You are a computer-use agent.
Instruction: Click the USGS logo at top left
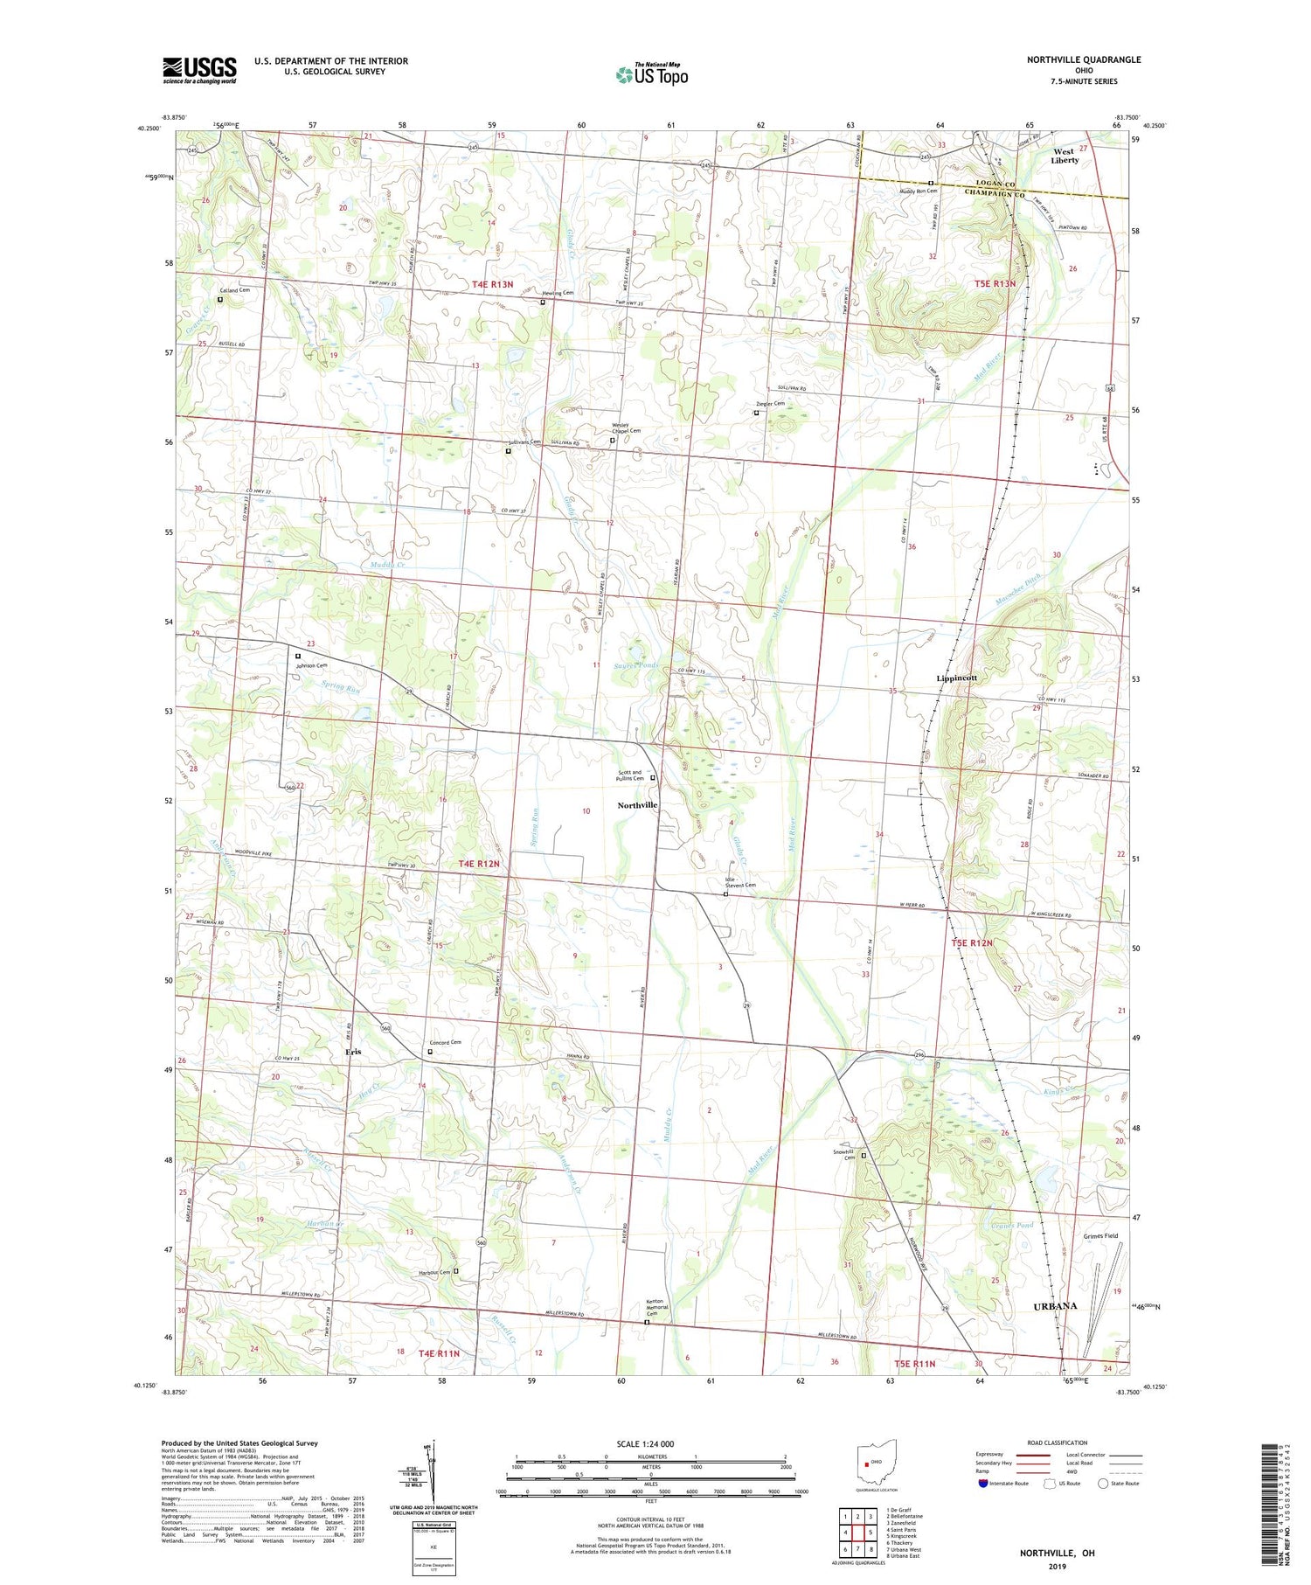pyautogui.click(x=199, y=70)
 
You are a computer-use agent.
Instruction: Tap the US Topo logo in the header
pyautogui.click(x=651, y=75)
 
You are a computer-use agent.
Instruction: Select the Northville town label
pyautogui.click(x=637, y=804)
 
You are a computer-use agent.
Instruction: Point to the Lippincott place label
pyautogui.click(x=956, y=678)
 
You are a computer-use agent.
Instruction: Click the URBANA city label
pyautogui.click(x=1054, y=1305)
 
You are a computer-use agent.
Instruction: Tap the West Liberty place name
pyautogui.click(x=1064, y=156)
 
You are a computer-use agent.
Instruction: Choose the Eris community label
pyautogui.click(x=351, y=1052)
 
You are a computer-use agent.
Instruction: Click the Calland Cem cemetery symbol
pyautogui.click(x=220, y=300)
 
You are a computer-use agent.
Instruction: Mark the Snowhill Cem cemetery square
pyautogui.click(x=864, y=1156)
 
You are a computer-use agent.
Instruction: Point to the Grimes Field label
pyautogui.click(x=1100, y=1236)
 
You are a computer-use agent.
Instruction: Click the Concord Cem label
pyautogui.click(x=445, y=1042)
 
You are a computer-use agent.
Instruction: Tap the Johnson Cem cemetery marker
pyautogui.click(x=298, y=656)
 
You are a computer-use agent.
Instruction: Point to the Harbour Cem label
pyautogui.click(x=434, y=1272)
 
